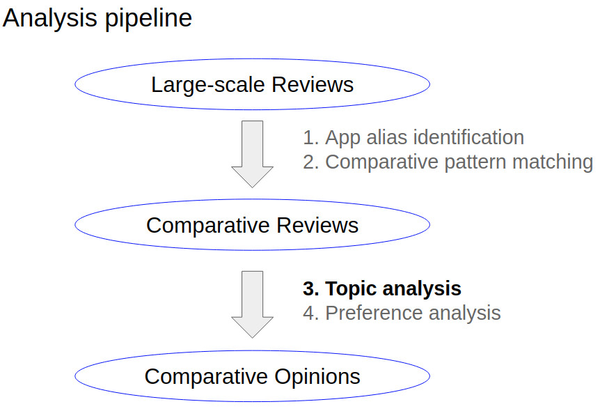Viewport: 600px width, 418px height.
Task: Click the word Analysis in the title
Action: point(49,19)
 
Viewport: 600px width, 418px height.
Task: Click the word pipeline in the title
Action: point(148,19)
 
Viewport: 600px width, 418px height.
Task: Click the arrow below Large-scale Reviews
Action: point(252,154)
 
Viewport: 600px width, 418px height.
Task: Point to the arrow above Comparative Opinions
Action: point(252,304)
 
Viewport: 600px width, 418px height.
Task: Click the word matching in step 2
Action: point(553,162)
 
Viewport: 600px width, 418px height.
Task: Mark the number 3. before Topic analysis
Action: point(310,288)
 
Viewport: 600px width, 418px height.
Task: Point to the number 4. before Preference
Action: point(310,313)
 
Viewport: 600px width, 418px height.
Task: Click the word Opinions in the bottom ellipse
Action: point(317,377)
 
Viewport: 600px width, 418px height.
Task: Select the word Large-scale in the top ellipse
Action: point(208,85)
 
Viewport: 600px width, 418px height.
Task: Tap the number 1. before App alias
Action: point(310,137)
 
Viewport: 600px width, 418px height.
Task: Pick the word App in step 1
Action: point(342,138)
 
